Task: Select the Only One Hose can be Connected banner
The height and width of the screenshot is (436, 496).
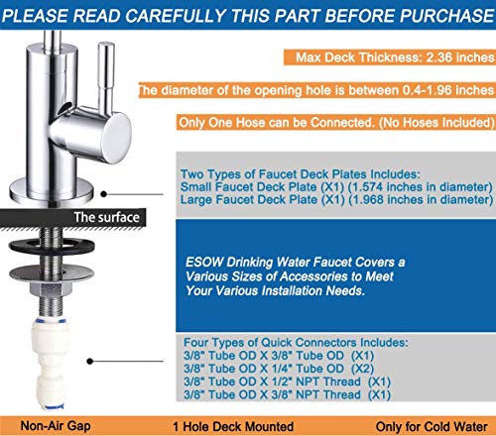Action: point(335,124)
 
